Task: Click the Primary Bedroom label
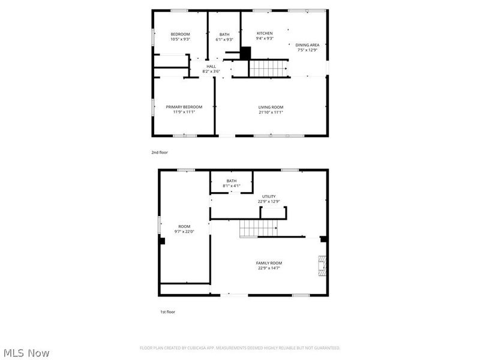tap(184, 107)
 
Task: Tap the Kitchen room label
tap(265, 34)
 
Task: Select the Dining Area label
tap(307, 45)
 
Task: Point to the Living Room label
tap(271, 107)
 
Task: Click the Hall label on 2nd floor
tap(211, 67)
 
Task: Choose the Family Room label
tap(269, 263)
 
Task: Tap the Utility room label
tap(269, 197)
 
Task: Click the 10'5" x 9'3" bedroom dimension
tap(180, 40)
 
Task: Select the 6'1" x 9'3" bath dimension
tap(224, 40)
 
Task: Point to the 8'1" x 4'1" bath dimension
tap(231, 186)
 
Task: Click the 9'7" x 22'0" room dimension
tap(184, 232)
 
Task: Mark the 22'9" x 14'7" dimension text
tap(269, 268)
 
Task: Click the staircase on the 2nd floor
tap(268, 68)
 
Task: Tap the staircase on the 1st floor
tap(259, 228)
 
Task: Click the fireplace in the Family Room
tap(323, 265)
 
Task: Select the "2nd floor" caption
tap(160, 152)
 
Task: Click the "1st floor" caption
tap(167, 312)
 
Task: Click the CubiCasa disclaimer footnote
tap(240, 348)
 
